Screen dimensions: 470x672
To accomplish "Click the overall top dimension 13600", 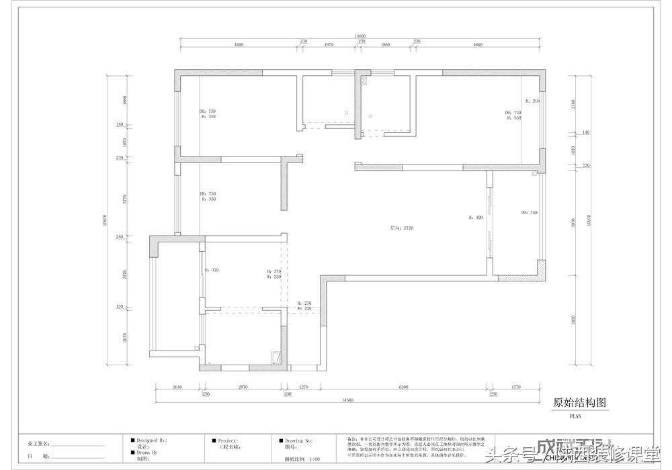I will pos(360,36).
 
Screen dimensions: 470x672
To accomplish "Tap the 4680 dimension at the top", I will pos(478,44).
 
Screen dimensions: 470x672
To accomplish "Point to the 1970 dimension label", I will pos(329,44).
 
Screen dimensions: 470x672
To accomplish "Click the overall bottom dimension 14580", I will pos(347,399).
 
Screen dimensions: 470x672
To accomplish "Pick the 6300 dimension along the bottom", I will pos(403,387).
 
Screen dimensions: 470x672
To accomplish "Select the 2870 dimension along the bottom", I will pos(243,387).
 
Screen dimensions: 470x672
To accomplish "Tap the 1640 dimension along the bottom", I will pos(177,387).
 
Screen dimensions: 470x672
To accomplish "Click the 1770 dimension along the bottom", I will pos(516,387).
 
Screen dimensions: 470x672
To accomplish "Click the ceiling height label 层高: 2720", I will pos(402,228).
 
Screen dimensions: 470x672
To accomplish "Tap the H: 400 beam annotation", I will pos(476,218).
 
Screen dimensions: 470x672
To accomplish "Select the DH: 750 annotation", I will pos(529,213).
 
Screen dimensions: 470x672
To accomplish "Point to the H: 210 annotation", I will pos(532,101).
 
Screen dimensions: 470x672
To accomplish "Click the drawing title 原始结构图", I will pos(579,403).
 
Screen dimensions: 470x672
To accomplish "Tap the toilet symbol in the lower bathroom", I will pos(275,357).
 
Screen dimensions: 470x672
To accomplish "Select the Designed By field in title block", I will pos(151,440).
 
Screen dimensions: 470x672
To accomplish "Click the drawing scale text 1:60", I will pos(314,459).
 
